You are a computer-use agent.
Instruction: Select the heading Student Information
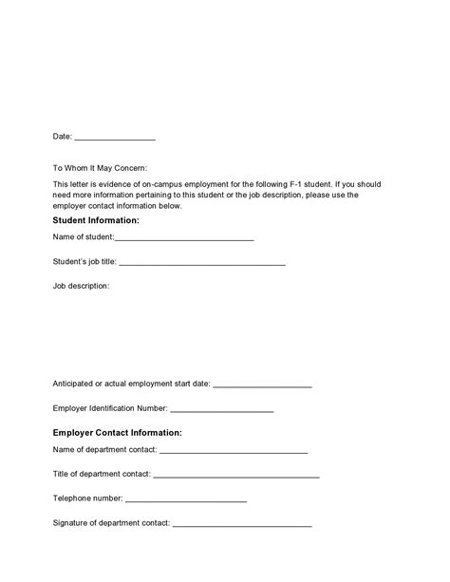(x=96, y=220)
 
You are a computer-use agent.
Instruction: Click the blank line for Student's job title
(x=202, y=263)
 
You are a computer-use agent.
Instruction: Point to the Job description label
(x=82, y=285)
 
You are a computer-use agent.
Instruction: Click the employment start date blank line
(x=262, y=386)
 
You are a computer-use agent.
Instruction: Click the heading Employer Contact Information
(x=117, y=433)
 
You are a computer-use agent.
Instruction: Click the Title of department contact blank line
(x=235, y=475)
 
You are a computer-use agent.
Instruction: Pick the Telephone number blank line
(x=186, y=498)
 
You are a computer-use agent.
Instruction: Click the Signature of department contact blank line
(x=242, y=523)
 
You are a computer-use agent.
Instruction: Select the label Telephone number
(x=87, y=498)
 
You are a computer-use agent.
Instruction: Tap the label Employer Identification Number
(x=109, y=409)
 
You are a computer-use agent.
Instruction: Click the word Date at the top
(x=62, y=137)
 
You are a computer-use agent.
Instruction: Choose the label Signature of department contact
(x=111, y=522)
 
